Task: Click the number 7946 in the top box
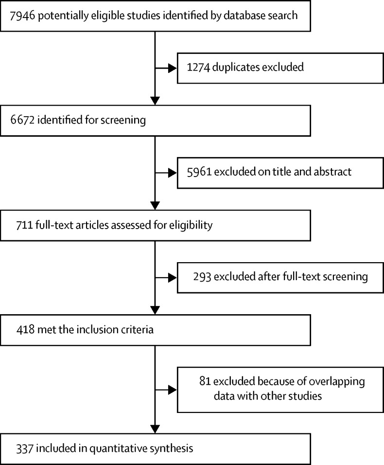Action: coord(22,16)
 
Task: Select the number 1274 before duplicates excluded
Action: coord(198,67)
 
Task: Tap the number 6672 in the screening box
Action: coord(22,120)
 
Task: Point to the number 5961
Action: coord(199,172)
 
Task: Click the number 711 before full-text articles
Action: coord(24,225)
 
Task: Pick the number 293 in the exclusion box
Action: coord(202,277)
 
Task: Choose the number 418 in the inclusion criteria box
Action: coord(25,330)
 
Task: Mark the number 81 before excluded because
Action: coord(205,381)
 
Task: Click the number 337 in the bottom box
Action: coord(25,448)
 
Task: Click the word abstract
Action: coord(332,172)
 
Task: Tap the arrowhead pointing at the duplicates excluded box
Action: coord(173,68)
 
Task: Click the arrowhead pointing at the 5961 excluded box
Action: coord(173,173)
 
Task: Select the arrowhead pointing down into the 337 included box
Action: coord(155,429)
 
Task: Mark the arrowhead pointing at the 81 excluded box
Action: coord(173,390)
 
